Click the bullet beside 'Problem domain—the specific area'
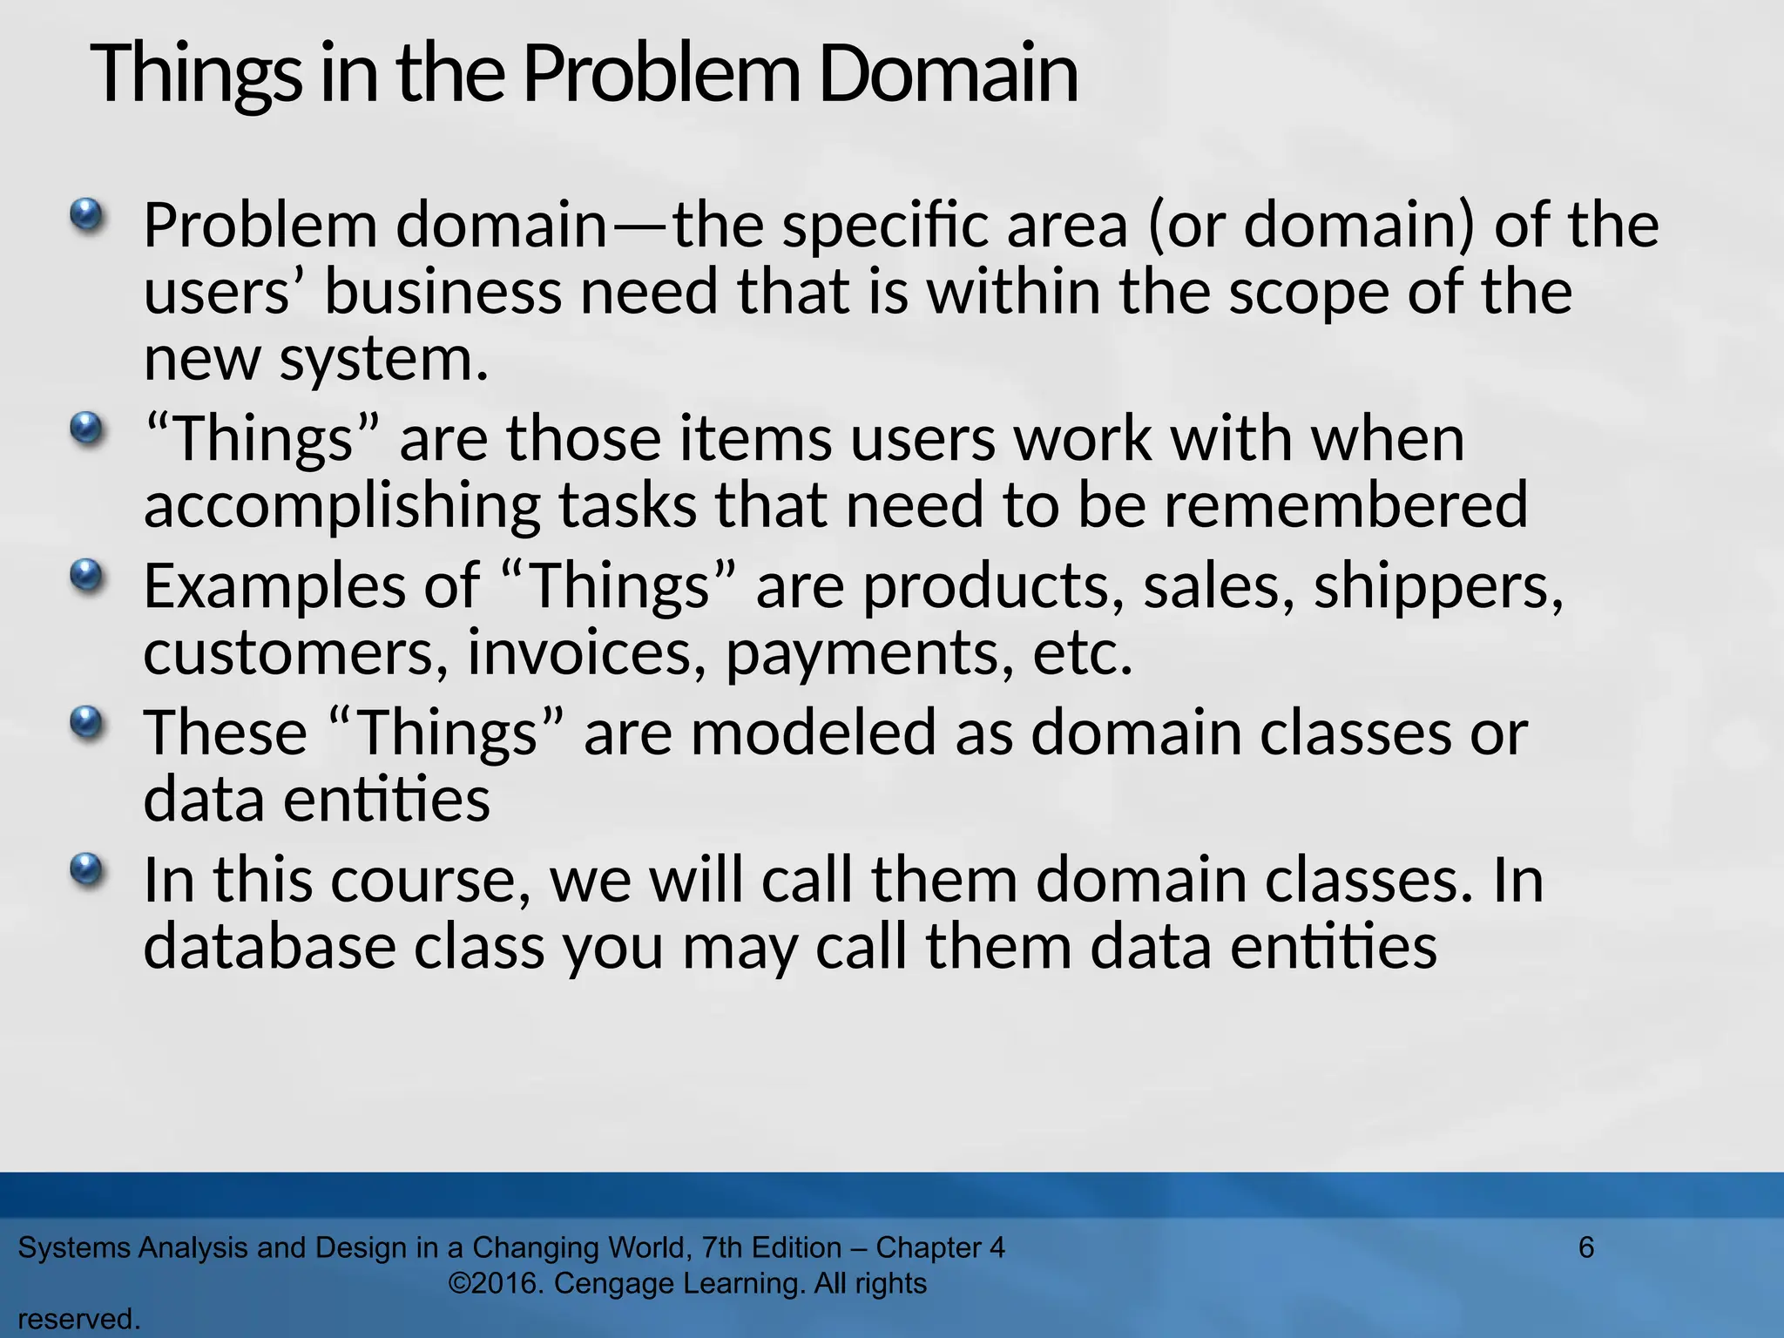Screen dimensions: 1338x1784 [x=85, y=213]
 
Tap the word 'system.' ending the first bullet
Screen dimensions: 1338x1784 [x=383, y=361]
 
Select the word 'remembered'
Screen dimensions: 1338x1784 [x=1346, y=505]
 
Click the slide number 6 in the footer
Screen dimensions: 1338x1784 [x=1586, y=1247]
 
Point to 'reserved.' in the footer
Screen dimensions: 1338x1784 [x=78, y=1320]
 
